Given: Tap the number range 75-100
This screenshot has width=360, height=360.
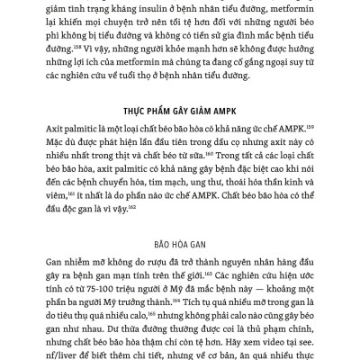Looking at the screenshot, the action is (x=100, y=286).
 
